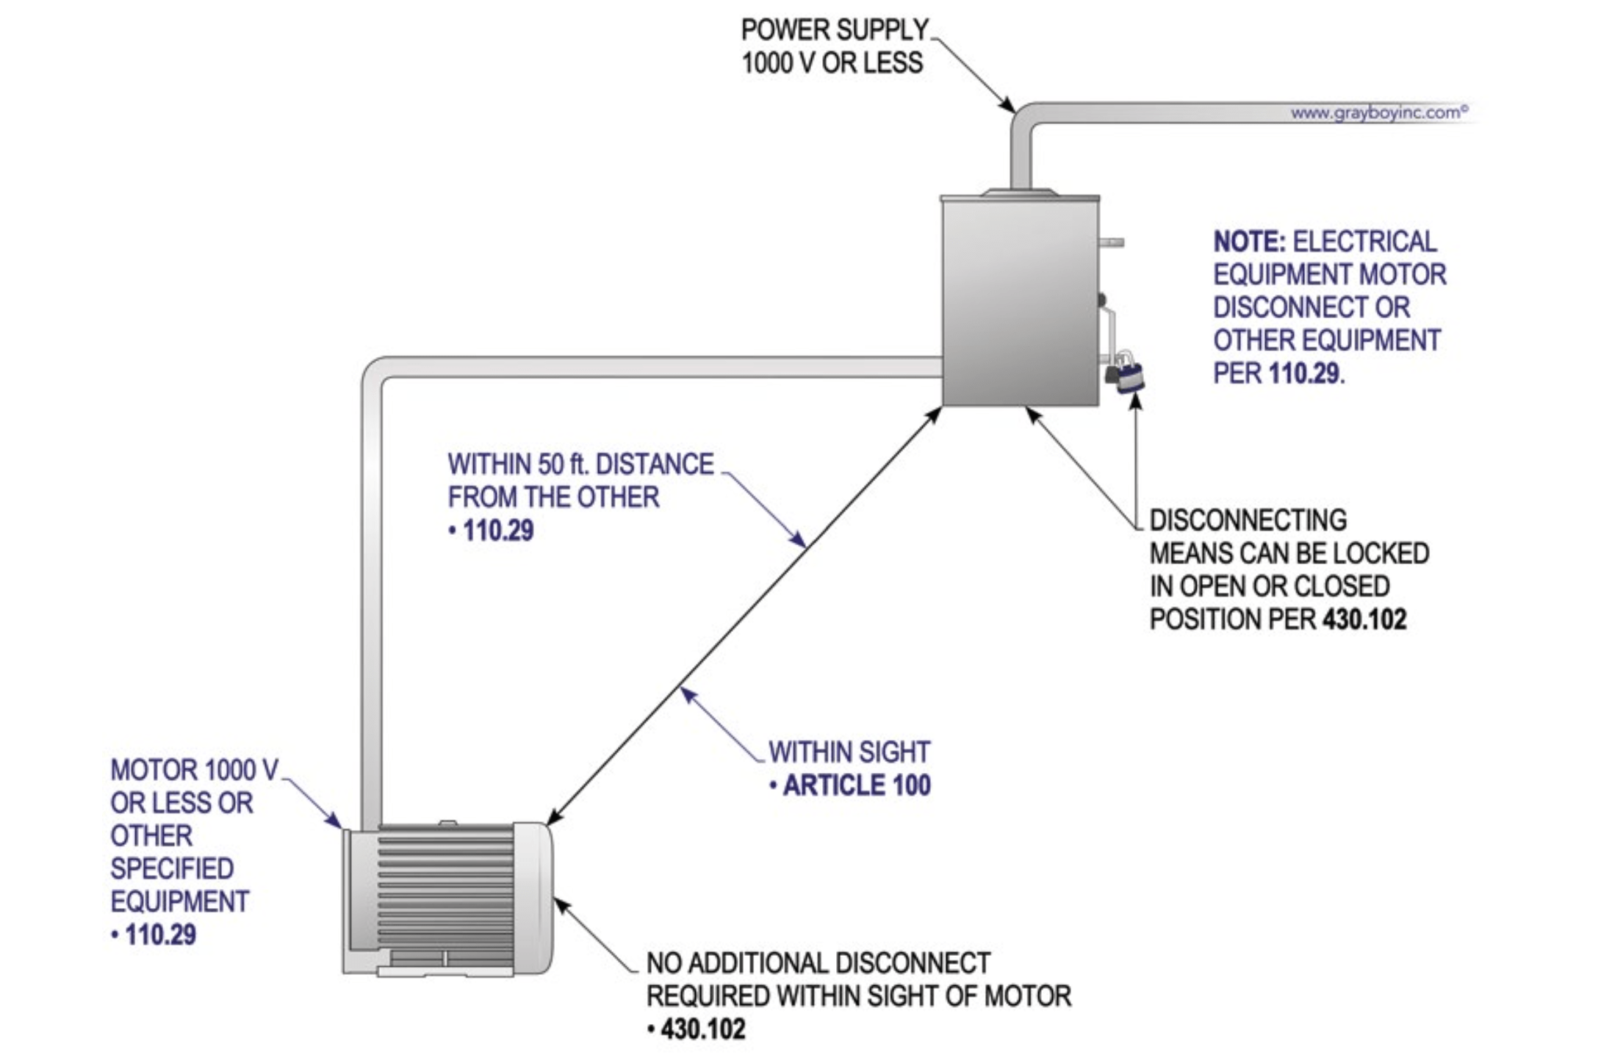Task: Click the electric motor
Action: [446, 900]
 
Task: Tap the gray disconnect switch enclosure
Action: [1020, 301]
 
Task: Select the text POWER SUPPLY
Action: [835, 30]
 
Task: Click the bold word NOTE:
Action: [1249, 242]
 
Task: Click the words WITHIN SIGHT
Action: [849, 752]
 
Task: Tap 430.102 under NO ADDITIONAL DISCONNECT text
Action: [702, 1029]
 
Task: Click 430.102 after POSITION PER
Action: [1364, 619]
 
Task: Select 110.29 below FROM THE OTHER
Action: [497, 530]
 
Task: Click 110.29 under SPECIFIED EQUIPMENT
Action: [159, 935]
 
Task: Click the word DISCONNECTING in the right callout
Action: [1248, 520]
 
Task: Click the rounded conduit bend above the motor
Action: [375, 370]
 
